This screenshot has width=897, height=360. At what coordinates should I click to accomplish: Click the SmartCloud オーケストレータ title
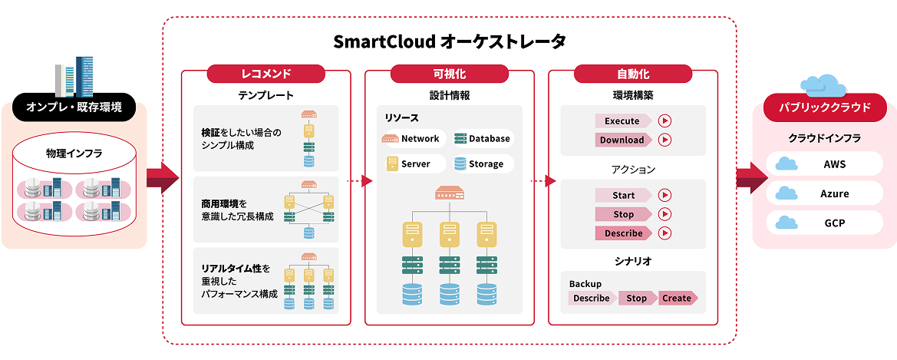tap(450, 41)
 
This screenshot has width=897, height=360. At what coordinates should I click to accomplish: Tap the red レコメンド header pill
tap(266, 74)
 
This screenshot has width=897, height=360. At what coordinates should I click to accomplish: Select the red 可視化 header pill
tap(449, 74)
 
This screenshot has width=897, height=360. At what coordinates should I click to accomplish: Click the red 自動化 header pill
tap(632, 74)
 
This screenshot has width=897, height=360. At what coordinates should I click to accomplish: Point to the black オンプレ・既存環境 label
tap(74, 107)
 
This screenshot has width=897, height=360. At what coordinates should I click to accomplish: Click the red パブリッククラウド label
tap(824, 107)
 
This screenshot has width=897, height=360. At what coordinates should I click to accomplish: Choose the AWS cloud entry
tap(824, 163)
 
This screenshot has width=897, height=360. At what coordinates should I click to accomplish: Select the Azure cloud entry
tap(824, 193)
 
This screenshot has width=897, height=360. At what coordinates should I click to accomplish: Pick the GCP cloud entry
tap(824, 223)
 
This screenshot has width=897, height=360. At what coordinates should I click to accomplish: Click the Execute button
tap(622, 121)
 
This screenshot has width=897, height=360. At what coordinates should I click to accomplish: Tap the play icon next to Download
tap(665, 140)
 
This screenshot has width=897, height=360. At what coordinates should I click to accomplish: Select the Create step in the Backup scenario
tap(678, 298)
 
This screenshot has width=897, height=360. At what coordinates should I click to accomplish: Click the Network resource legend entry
tap(412, 139)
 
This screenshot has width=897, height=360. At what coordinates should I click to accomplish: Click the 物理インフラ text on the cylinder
tap(74, 154)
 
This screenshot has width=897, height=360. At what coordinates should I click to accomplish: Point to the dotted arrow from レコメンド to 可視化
tap(358, 181)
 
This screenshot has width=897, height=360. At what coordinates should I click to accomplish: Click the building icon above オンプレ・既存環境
tap(74, 77)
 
